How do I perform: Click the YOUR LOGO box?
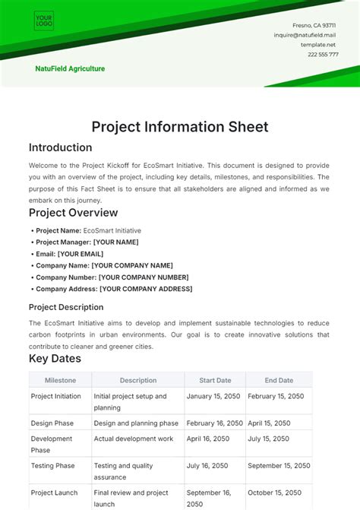tap(43, 21)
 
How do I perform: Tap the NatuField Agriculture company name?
tap(70, 68)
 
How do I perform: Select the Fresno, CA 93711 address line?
tap(314, 25)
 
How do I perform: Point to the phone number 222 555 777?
tap(323, 54)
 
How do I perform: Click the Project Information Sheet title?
tap(180, 127)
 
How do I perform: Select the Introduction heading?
tap(60, 147)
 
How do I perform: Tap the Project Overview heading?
tap(73, 213)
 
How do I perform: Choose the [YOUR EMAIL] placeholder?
tap(81, 254)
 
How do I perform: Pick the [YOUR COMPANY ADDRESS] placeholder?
tap(146, 289)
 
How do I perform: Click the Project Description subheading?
tap(66, 307)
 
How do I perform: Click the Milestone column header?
tap(60, 380)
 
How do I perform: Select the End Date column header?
tap(279, 380)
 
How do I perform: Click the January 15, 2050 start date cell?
tap(214, 396)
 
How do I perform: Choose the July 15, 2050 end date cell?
tap(270, 439)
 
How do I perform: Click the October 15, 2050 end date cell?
tap(276, 493)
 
